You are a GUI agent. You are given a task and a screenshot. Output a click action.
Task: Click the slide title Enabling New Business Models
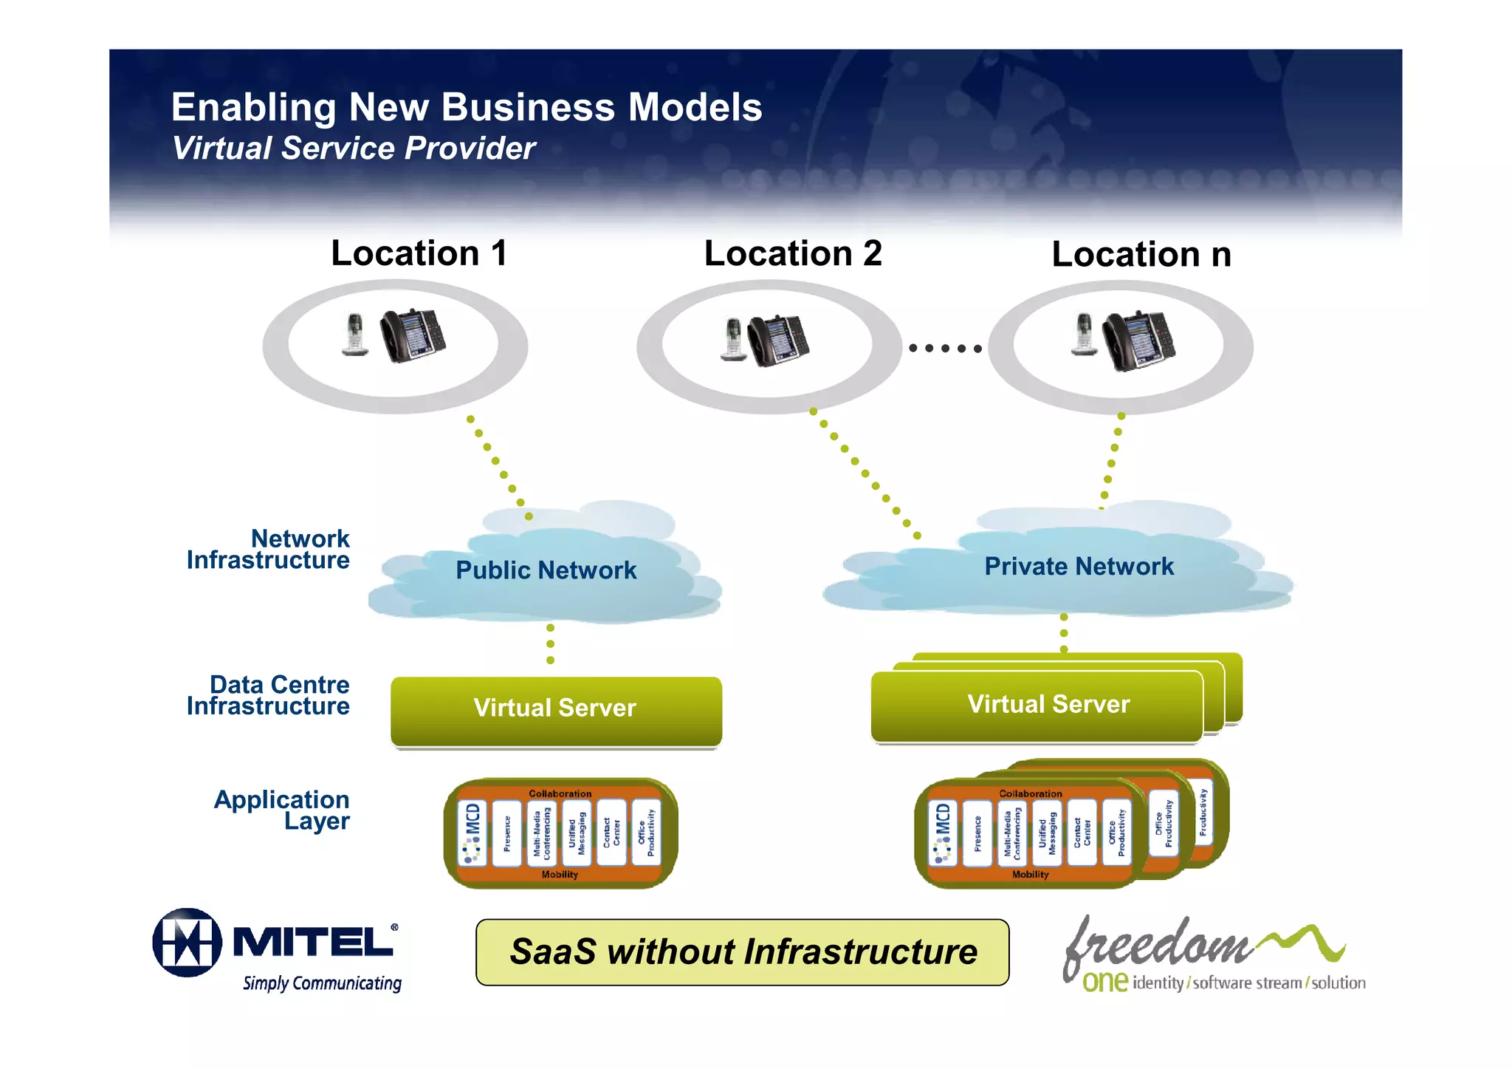click(x=467, y=108)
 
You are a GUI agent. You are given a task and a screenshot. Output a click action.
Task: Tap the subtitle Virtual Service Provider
click(x=353, y=148)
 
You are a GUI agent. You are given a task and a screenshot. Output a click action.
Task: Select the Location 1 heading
click(x=419, y=253)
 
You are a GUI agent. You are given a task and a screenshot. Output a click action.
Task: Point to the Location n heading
click(x=1141, y=255)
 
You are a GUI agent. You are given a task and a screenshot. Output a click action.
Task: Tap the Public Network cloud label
click(x=546, y=570)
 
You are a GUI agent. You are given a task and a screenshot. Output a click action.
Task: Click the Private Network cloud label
click(x=1079, y=567)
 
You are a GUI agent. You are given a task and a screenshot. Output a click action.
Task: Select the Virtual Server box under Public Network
click(x=555, y=709)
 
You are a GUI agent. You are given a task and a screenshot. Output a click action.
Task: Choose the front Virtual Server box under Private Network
click(x=1037, y=706)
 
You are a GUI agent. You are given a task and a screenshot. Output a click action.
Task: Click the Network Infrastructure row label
click(x=269, y=550)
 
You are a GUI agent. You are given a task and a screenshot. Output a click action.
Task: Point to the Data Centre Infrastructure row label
click(x=269, y=695)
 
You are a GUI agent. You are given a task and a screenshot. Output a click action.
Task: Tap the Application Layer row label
click(x=282, y=810)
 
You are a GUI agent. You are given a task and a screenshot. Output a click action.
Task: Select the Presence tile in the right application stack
click(x=977, y=833)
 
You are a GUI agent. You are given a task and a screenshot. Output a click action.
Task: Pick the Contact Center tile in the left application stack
click(x=611, y=833)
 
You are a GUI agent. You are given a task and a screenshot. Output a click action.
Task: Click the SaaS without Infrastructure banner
click(x=742, y=952)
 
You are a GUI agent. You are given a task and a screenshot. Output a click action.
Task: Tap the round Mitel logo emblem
click(x=188, y=943)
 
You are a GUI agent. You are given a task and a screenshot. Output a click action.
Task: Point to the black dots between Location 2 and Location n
click(x=945, y=348)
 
